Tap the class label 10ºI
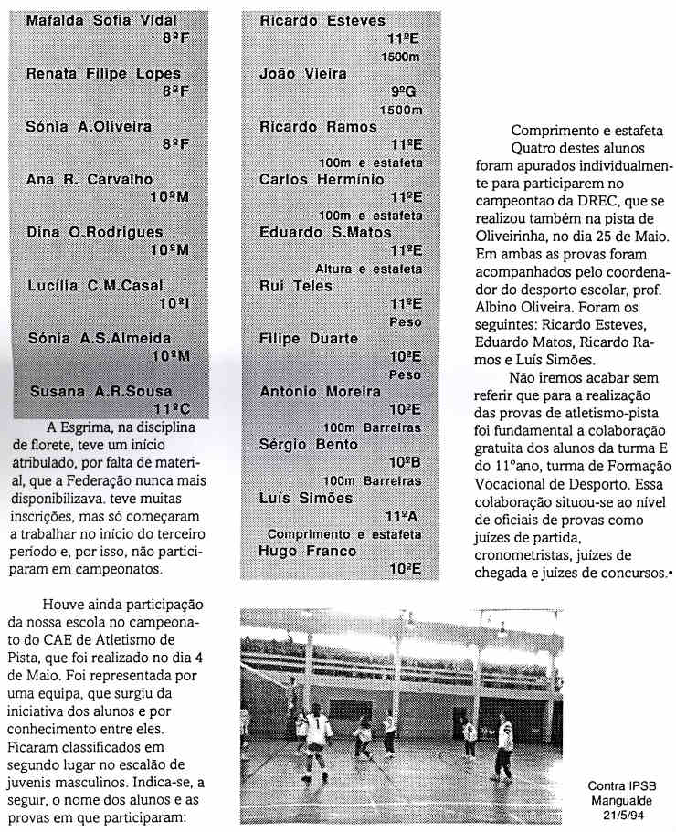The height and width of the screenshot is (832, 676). pyautogui.click(x=173, y=301)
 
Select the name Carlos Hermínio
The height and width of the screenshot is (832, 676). pyautogui.click(x=322, y=180)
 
